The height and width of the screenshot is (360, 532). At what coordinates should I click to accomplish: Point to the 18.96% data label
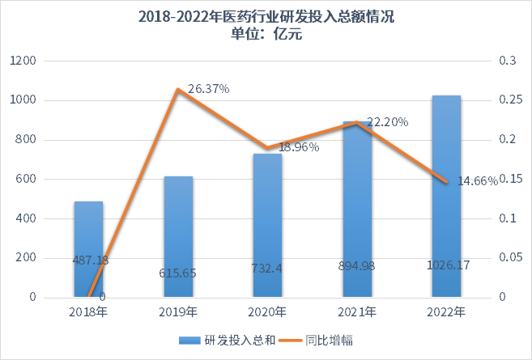tap(299, 147)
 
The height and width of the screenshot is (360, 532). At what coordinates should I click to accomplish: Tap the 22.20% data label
tap(387, 122)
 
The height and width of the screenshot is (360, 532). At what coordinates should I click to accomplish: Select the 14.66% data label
tap(476, 181)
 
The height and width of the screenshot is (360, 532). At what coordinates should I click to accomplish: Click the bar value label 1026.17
tap(445, 265)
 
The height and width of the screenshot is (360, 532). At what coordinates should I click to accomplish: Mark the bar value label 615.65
tap(178, 273)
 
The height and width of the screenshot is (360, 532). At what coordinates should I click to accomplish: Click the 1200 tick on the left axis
tap(23, 61)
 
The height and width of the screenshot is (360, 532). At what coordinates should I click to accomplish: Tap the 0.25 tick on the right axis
tap(509, 100)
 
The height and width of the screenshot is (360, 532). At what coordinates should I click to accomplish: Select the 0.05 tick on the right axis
tap(509, 258)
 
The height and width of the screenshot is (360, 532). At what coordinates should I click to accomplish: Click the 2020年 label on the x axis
tap(267, 313)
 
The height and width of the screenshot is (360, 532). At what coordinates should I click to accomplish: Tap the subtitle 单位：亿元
tap(266, 33)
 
